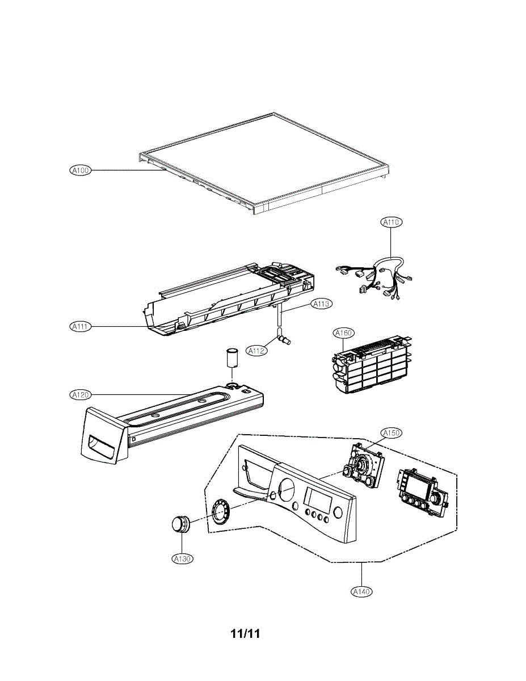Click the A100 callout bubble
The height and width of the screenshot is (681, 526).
click(81, 170)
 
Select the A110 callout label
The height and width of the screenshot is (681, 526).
click(391, 222)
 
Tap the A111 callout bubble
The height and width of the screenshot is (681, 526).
click(81, 326)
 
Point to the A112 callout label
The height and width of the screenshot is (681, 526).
click(256, 351)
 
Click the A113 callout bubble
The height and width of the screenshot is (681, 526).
click(321, 304)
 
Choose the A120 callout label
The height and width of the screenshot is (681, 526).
click(80, 394)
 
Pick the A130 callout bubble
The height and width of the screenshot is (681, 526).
click(183, 559)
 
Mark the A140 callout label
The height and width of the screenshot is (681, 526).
click(361, 592)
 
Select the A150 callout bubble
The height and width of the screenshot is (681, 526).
click(391, 432)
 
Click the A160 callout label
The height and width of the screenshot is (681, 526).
click(343, 333)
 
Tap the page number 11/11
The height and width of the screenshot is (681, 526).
click(245, 634)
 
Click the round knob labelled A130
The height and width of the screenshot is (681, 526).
click(180, 525)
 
